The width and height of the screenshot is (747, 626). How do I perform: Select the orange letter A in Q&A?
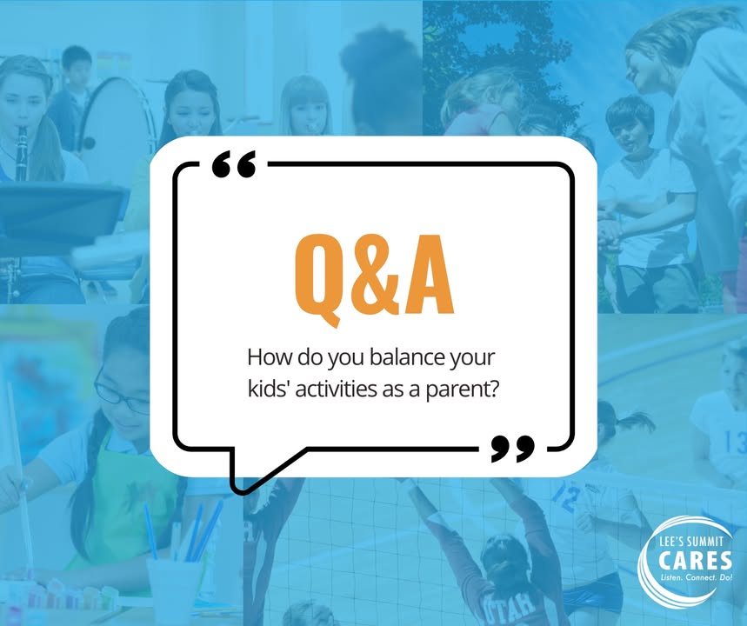click(x=428, y=275)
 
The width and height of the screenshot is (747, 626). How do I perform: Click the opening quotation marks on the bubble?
click(x=234, y=164)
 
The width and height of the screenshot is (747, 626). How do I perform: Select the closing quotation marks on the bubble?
click(x=512, y=449)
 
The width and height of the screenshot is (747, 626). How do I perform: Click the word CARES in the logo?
click(x=695, y=560)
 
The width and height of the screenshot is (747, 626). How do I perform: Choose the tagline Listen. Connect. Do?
click(x=695, y=577)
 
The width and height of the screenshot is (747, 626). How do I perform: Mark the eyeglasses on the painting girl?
click(x=121, y=395)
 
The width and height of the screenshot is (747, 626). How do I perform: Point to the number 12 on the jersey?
click(x=565, y=496)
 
